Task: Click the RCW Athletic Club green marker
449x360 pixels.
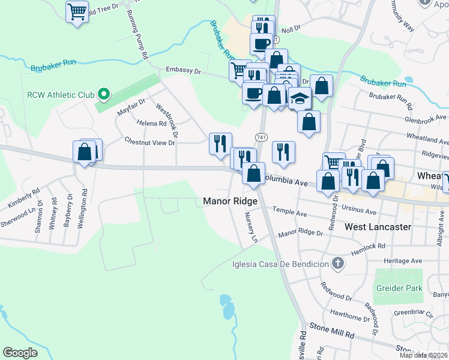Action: coord(103,94)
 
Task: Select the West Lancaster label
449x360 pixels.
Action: coord(378,227)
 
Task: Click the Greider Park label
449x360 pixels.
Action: coord(399,288)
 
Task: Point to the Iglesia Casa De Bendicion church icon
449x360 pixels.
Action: coord(338,264)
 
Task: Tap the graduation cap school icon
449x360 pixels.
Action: coord(300,98)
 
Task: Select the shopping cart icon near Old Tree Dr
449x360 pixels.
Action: coord(77,11)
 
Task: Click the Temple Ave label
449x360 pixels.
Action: coord(290,212)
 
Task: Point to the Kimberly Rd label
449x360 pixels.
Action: coord(23,198)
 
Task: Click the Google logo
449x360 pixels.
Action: coord(20,352)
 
